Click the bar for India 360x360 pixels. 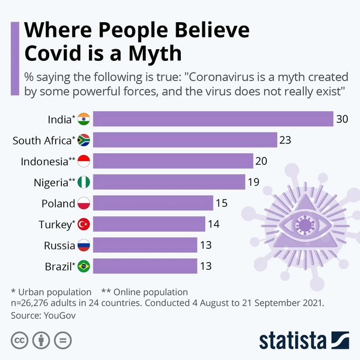tap(213, 119)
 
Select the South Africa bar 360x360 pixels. tap(185, 140)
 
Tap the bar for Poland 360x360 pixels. tap(153, 203)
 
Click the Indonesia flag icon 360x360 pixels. tap(84, 161)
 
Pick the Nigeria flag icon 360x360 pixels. tap(84, 182)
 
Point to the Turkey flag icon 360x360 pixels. tap(84, 224)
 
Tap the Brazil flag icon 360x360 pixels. tap(84, 266)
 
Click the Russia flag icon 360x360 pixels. tap(84, 245)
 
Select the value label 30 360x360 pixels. tap(342, 119)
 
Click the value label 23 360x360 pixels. tap(285, 140)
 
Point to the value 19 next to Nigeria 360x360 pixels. tap(253, 182)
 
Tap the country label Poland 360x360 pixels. tap(58, 204)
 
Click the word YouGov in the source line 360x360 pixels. tap(60, 315)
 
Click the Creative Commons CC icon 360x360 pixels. tap(19, 340)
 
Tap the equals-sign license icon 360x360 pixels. tap(63, 340)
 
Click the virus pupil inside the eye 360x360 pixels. tap(304, 224)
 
